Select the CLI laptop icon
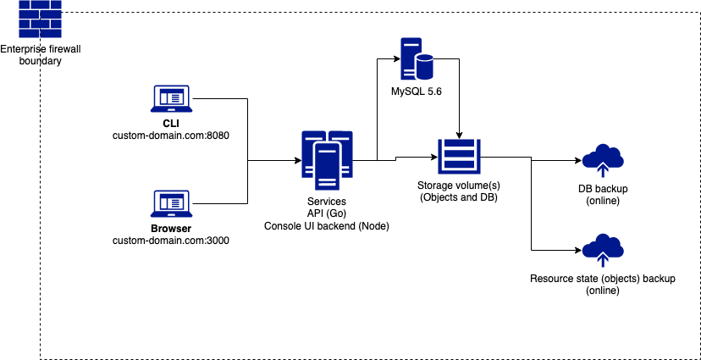[x=170, y=100]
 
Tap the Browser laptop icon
[x=170, y=203]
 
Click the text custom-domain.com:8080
[x=171, y=135]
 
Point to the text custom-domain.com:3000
[x=171, y=241]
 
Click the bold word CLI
[x=170, y=123]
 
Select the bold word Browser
[x=170, y=229]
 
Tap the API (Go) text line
[x=327, y=214]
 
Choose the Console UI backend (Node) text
[x=327, y=226]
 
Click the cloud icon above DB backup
[x=604, y=158]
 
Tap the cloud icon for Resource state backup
[x=604, y=249]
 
